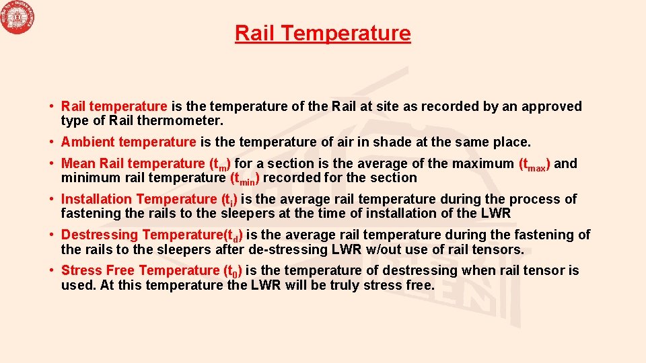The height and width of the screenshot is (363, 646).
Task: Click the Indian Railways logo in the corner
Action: click(x=18, y=18)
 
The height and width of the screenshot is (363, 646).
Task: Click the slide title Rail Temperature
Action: click(x=322, y=33)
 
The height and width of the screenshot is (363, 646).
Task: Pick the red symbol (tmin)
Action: click(x=245, y=178)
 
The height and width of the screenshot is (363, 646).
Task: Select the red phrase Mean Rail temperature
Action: click(x=132, y=163)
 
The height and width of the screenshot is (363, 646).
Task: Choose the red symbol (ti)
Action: click(x=229, y=200)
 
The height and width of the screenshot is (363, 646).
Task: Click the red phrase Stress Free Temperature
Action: click(x=140, y=270)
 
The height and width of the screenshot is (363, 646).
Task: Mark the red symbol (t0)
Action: click(x=233, y=271)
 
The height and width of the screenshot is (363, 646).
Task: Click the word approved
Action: click(x=548, y=106)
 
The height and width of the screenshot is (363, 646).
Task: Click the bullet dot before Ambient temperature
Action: click(x=51, y=142)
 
